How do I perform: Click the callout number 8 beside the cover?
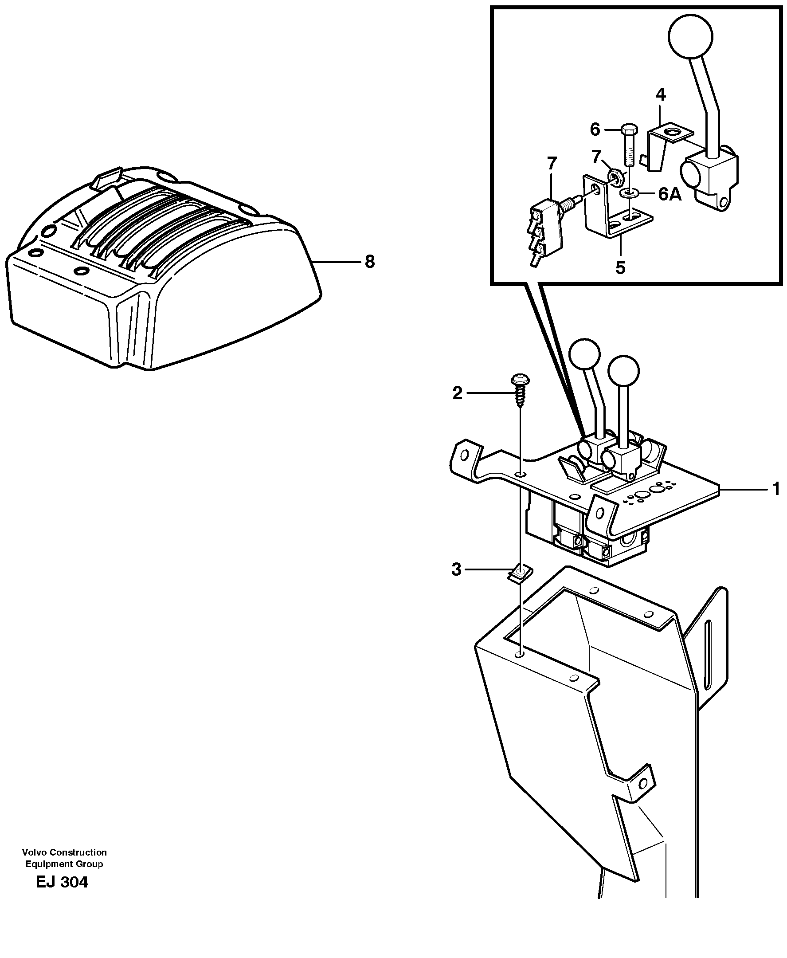point(370,262)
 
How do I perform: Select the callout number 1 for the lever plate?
point(775,489)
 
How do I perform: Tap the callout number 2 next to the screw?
point(457,393)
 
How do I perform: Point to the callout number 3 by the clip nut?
point(456,569)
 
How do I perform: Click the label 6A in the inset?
point(670,195)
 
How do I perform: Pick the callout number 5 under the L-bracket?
point(620,267)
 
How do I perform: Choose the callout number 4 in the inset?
point(661,95)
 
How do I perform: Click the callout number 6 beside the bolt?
point(595,130)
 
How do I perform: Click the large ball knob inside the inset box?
point(690,36)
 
